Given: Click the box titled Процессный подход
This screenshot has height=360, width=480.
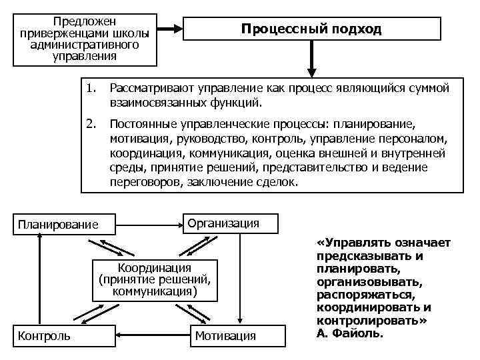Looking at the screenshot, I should (311, 29).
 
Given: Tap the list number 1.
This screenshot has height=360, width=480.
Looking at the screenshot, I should (91, 88).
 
